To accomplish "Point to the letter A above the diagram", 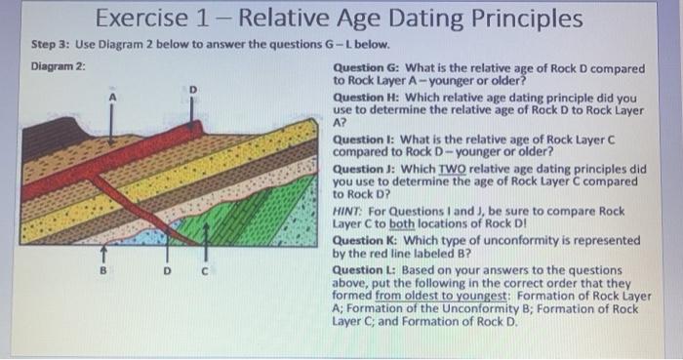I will point(111,97).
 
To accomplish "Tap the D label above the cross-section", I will point(192,90).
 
